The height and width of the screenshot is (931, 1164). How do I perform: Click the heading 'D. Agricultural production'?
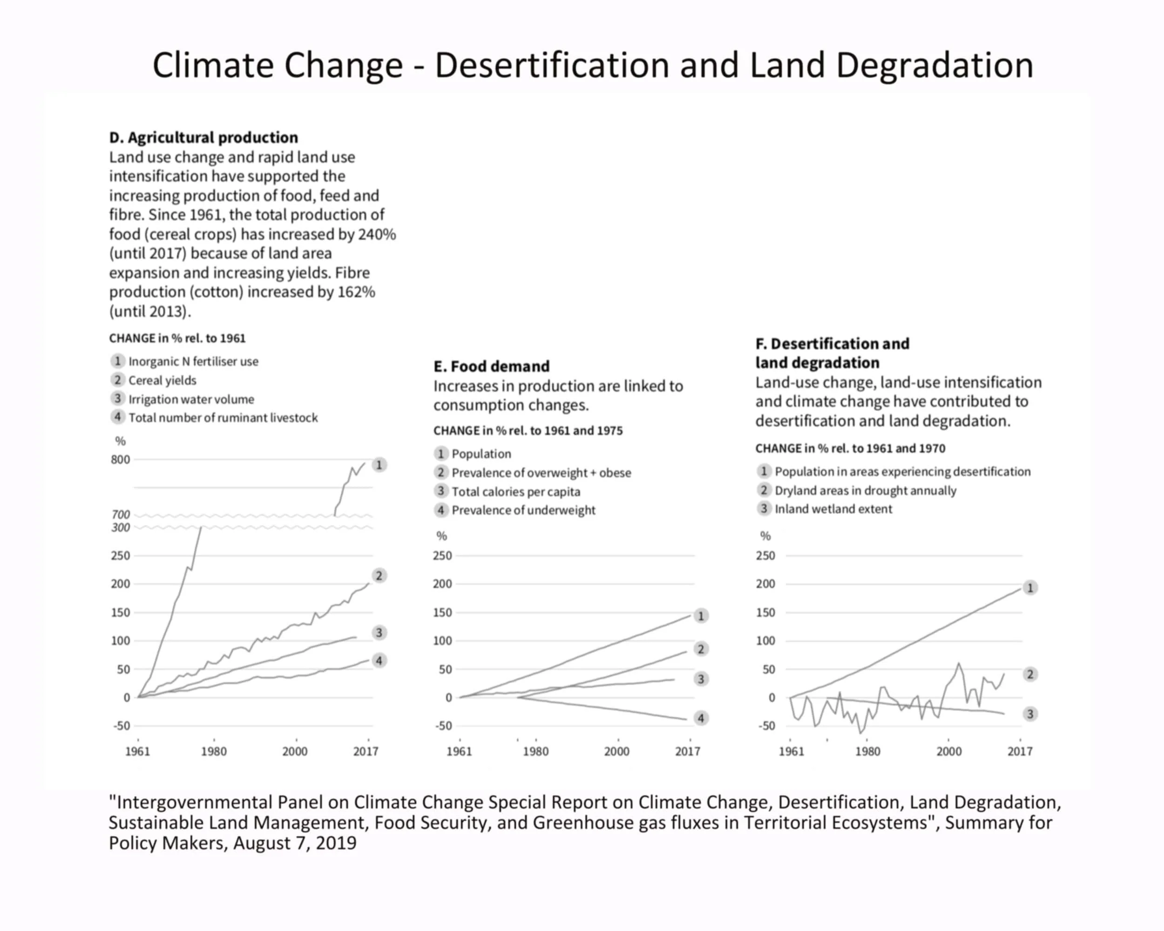point(203,138)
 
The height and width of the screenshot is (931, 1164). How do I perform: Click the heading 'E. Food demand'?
point(491,366)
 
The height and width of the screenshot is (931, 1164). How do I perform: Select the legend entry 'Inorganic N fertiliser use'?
point(193,362)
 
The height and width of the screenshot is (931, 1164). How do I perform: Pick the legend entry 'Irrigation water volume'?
point(190,399)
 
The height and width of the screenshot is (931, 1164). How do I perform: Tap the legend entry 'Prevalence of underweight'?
point(523,511)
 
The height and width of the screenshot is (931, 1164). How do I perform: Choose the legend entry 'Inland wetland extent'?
point(833,509)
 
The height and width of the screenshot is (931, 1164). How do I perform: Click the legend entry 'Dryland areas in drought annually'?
point(865,491)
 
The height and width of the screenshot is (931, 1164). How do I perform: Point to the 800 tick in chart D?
point(121,460)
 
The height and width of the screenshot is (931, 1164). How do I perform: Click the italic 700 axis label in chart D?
point(121,514)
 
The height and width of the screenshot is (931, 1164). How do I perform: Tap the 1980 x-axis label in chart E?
point(535,751)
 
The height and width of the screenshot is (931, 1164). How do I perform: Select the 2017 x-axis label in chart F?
point(1019,751)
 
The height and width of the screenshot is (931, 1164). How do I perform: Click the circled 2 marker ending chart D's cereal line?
point(379,576)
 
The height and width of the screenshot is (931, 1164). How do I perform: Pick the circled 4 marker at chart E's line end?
point(701,718)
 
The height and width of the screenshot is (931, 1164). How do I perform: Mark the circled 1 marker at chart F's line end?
point(1029,588)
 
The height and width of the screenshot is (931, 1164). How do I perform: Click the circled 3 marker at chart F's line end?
point(1029,714)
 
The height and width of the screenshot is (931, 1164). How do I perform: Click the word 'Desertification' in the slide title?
point(554,65)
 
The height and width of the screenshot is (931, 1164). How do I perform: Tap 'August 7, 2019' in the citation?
point(295,843)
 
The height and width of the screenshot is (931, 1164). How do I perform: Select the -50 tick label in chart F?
point(766,726)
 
